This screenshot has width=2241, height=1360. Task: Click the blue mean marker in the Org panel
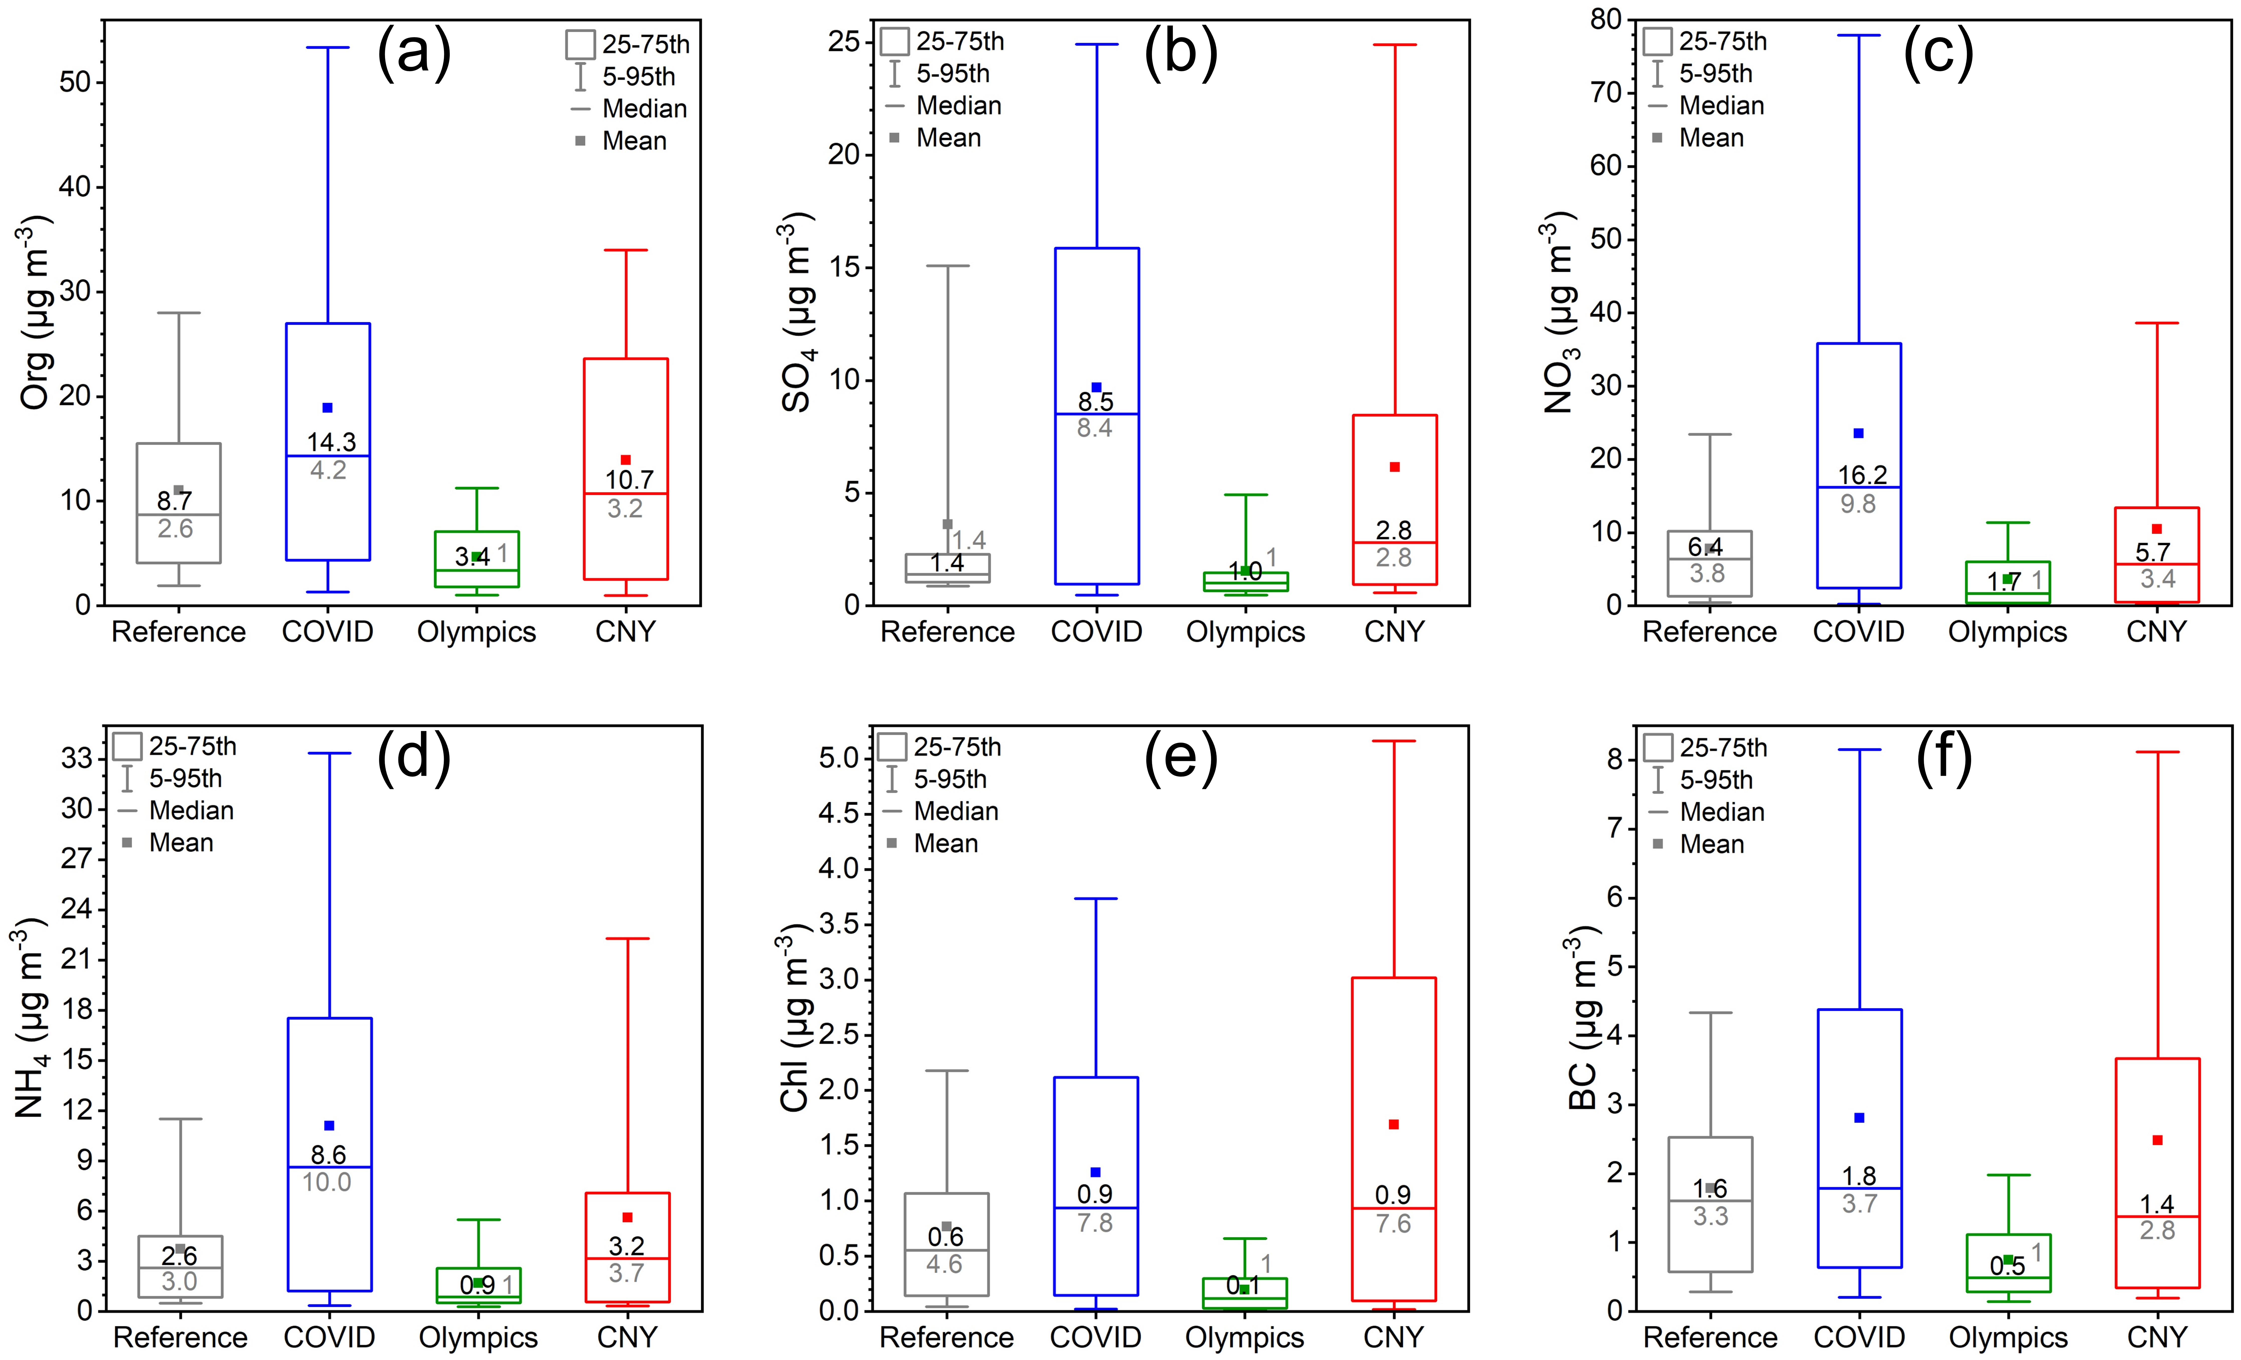tap(327, 408)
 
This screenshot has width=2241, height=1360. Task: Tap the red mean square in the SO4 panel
tap(1394, 467)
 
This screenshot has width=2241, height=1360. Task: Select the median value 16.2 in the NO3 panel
tap(1862, 475)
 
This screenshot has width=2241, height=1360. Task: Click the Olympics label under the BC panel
tap(2008, 1337)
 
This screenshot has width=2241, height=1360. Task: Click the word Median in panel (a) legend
tap(644, 109)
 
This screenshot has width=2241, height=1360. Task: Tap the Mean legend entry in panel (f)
tap(1712, 844)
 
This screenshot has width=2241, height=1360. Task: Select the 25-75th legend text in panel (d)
tap(193, 747)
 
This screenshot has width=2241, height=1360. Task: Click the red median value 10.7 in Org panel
tap(629, 479)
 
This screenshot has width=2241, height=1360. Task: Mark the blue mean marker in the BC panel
tap(1859, 1117)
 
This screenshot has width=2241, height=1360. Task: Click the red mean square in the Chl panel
tap(1393, 1124)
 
